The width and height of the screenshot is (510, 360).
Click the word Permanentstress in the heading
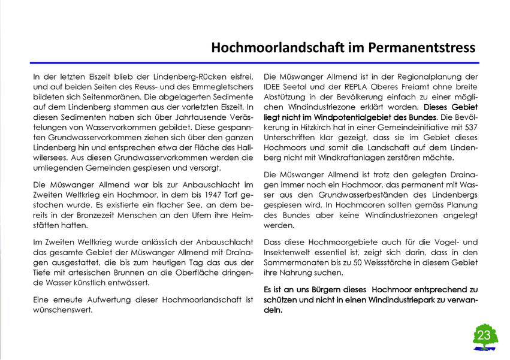tap(413, 47)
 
